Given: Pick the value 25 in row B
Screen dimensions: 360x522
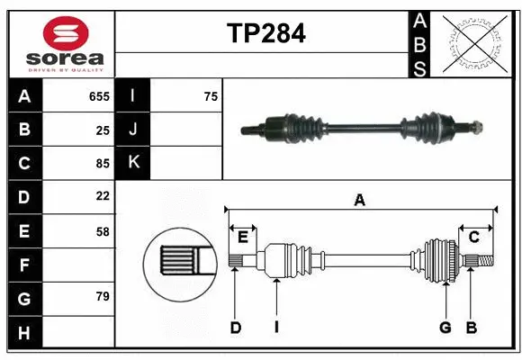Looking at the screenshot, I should coord(102,130).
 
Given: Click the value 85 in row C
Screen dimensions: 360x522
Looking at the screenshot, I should coord(102,164).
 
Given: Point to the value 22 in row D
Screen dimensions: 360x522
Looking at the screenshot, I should coord(102,196).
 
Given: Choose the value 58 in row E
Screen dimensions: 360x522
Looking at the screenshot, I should coord(102,231).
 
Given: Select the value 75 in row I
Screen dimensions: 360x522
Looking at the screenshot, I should coord(211,96).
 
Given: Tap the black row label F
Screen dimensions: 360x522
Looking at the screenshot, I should coord(24,265).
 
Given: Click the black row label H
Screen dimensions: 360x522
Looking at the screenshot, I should coord(24,333).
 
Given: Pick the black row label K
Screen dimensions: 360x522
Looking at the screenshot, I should coord(133,163).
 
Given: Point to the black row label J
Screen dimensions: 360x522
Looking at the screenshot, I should coord(133,130).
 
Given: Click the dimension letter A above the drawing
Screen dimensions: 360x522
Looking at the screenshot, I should coord(360,201).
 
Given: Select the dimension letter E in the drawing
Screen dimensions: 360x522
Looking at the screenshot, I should coord(242,237).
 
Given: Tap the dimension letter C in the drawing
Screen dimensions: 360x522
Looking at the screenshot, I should coord(473,237).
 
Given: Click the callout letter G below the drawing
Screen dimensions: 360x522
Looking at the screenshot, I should coord(445,328).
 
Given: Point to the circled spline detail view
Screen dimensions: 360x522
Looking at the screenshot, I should coord(178,262).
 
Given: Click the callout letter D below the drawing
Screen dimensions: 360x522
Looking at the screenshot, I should coord(235,328).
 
